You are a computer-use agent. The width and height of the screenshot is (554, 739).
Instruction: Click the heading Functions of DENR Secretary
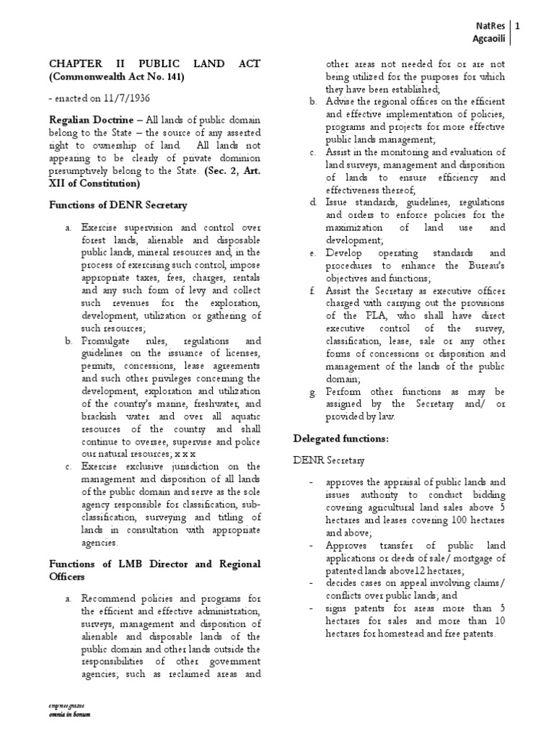[x=118, y=205]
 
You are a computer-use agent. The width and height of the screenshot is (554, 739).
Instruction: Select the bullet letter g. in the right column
[x=312, y=391]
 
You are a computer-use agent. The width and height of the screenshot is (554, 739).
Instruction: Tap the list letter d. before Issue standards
[x=312, y=202]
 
